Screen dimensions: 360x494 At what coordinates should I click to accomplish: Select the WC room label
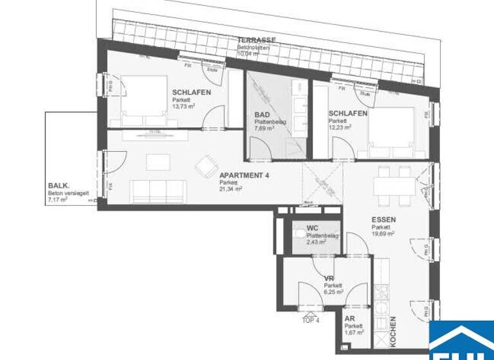tap(313, 228)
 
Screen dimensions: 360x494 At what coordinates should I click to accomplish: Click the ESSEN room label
tap(383, 220)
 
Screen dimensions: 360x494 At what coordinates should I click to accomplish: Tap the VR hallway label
tap(329, 278)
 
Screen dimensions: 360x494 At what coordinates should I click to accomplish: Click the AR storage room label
tap(350, 318)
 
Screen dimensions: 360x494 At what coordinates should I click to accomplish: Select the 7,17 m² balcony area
tap(57, 200)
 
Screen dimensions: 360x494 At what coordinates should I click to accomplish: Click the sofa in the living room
tap(158, 190)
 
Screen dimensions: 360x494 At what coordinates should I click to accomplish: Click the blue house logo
tap(461, 341)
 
